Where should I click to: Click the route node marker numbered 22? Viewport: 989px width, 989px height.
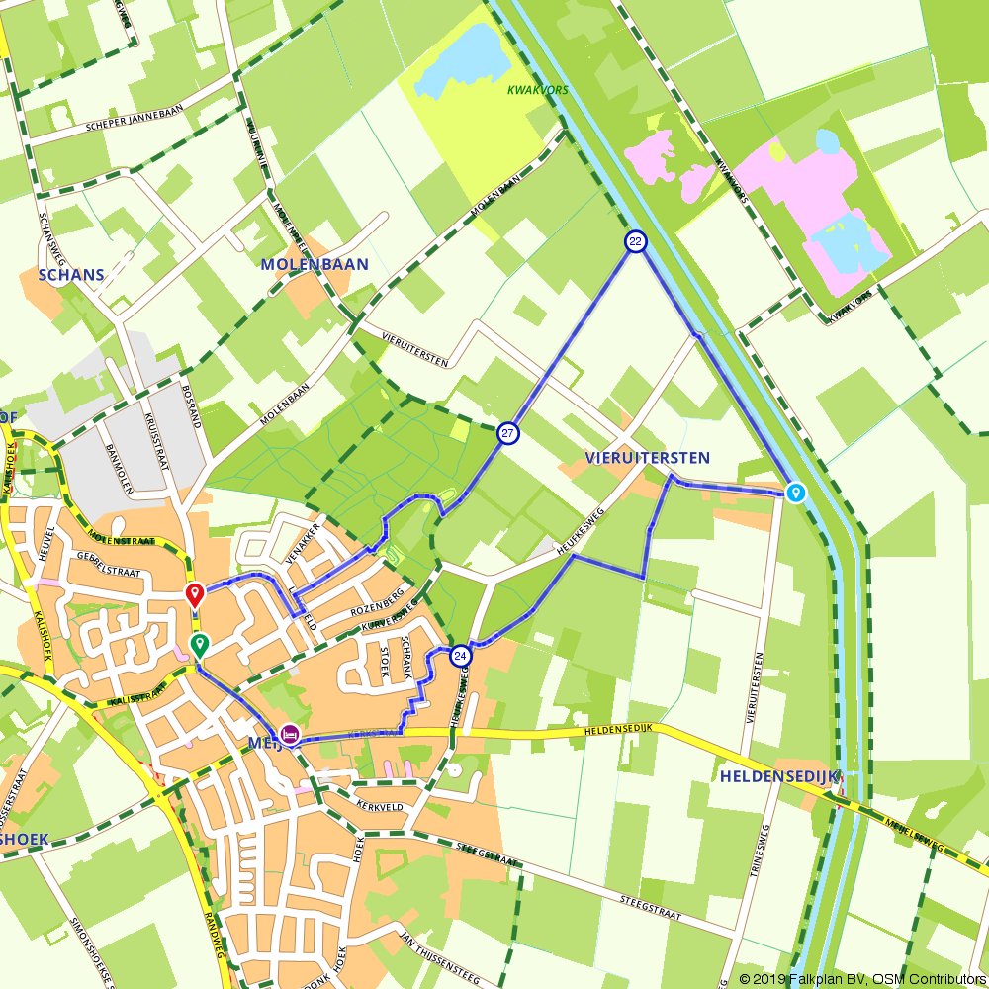pos(636,241)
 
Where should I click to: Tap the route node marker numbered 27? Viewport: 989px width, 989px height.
pos(508,433)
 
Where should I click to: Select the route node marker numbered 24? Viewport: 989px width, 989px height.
pos(460,656)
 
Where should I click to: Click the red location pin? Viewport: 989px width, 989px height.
pos(195,594)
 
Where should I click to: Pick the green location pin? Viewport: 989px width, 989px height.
pos(200,647)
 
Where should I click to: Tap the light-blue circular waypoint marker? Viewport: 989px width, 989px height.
pos(796,493)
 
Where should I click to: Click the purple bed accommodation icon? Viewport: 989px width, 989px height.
pos(290,734)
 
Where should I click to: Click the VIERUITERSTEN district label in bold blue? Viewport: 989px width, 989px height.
pos(647,458)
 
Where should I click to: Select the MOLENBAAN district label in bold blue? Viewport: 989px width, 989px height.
pos(315,265)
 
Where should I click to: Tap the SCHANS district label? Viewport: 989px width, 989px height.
pos(71,274)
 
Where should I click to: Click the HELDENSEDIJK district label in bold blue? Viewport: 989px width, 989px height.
pos(779,776)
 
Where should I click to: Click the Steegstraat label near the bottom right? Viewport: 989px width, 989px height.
pos(652,909)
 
